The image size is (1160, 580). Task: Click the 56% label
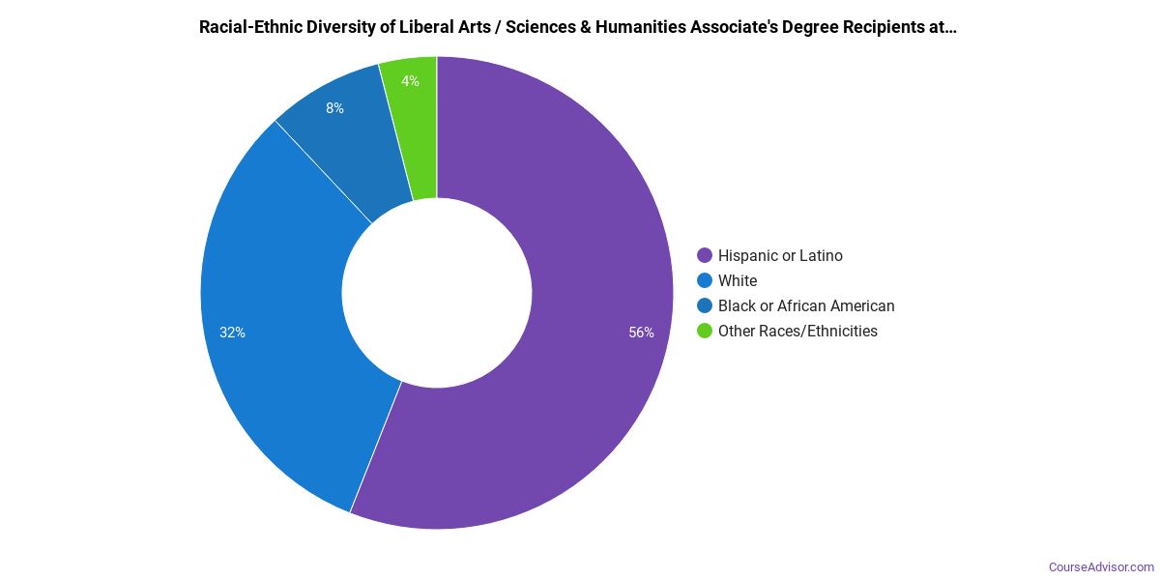[641, 333]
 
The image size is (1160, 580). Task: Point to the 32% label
[232, 333]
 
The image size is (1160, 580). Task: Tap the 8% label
[334, 108]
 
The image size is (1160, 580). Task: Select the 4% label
[410, 81]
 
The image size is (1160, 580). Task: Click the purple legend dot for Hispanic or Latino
[705, 256]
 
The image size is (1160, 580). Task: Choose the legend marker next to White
[705, 281]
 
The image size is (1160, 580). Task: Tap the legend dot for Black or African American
[705, 306]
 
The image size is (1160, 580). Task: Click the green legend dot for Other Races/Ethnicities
[705, 332]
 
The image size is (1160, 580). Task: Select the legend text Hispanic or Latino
[780, 256]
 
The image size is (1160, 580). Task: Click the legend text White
[738, 281]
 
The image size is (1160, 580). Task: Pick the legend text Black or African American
[806, 306]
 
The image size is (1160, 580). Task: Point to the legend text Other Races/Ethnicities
[797, 332]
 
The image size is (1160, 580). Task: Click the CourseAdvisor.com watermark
[1101, 566]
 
